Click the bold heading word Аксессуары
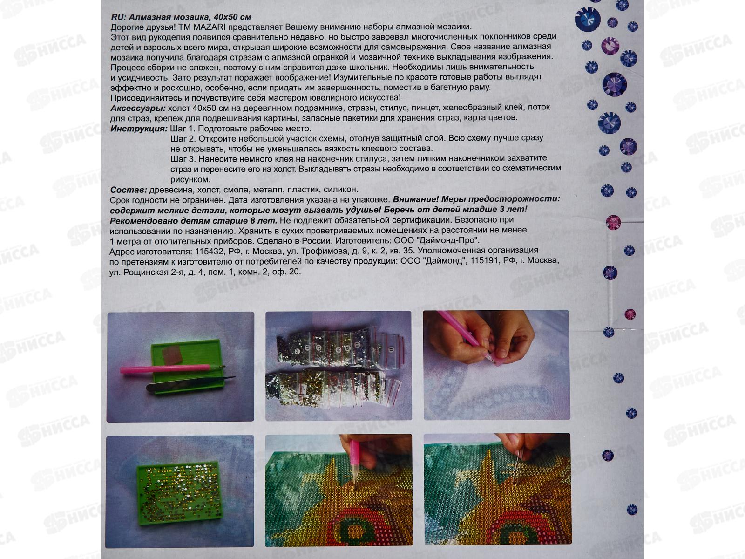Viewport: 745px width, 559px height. point(138,108)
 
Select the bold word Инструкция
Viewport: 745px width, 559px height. point(139,129)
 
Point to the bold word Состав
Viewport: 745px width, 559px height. point(129,190)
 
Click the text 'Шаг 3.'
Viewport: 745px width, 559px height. point(183,159)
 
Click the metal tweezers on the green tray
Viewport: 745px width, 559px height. point(190,383)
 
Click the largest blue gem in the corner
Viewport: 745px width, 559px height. point(588,20)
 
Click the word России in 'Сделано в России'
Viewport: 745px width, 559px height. point(317,241)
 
